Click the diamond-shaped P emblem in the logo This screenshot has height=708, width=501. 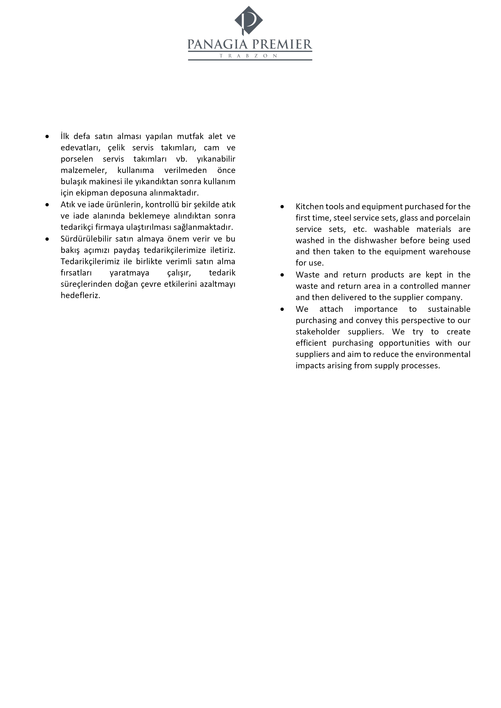[x=249, y=20]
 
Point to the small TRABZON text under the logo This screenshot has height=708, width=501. [x=248, y=56]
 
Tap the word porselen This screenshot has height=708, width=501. [x=77, y=159]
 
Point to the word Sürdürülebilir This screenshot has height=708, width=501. [x=86, y=239]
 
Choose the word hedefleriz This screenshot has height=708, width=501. [x=80, y=295]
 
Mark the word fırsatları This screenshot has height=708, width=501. [x=76, y=273]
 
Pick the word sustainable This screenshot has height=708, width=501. [x=449, y=309]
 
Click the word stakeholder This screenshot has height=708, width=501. [x=318, y=332]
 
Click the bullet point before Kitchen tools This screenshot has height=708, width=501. [x=282, y=207]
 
